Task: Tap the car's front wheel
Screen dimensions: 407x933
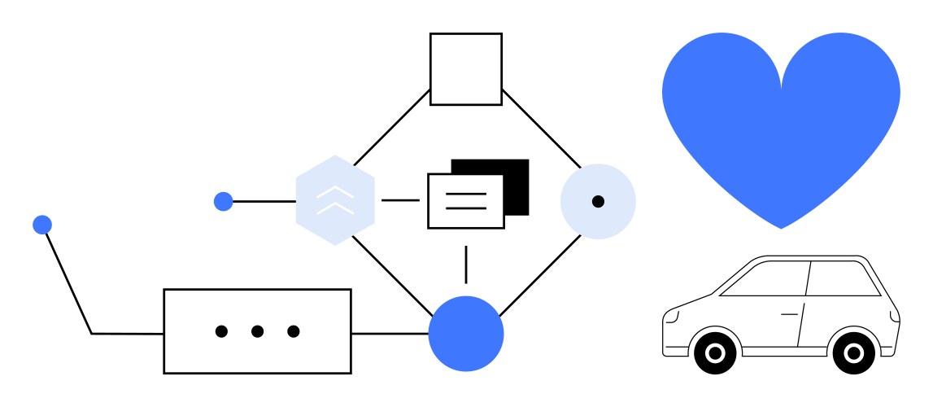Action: tap(715, 353)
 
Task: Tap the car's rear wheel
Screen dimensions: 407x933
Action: tap(853, 353)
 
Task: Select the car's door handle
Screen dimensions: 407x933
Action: tap(789, 313)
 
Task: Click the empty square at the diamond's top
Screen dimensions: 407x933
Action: tap(465, 69)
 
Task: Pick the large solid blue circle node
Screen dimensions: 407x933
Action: tap(466, 334)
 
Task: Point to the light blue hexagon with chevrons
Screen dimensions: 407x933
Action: tap(335, 201)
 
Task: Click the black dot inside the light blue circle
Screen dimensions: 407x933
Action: tap(598, 201)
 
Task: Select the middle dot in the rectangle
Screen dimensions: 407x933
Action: tap(257, 331)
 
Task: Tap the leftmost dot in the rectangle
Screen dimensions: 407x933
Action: tap(221, 331)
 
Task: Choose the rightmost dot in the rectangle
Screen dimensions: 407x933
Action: tap(294, 331)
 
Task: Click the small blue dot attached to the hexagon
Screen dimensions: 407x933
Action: tap(223, 201)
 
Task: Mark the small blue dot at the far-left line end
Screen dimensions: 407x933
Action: tap(42, 225)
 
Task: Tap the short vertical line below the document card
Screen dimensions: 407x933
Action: tap(466, 264)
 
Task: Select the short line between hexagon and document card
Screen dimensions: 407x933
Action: tap(400, 200)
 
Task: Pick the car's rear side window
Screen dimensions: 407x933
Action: tap(842, 279)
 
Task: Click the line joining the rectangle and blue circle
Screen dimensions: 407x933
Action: tap(390, 334)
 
